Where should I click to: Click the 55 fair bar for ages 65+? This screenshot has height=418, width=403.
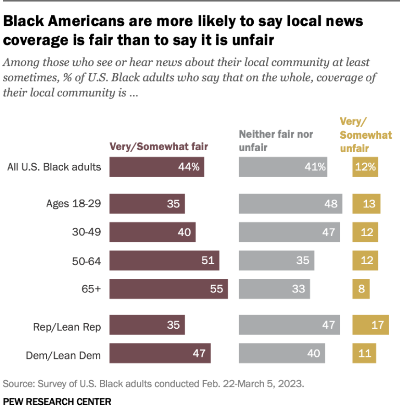(x=169, y=289)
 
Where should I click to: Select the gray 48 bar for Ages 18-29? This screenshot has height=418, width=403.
(x=290, y=203)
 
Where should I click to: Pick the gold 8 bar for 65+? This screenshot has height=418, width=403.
(x=361, y=289)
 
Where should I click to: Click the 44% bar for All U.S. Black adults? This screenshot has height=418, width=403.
(x=157, y=167)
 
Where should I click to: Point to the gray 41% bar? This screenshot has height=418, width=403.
(x=283, y=167)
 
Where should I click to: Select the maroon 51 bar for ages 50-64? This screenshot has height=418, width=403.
(x=164, y=261)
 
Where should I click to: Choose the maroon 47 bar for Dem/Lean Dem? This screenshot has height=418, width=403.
(x=160, y=353)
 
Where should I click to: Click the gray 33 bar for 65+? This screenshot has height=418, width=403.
(x=274, y=289)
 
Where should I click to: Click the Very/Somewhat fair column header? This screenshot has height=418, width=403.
(x=158, y=147)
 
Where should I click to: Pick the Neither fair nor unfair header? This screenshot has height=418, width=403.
(x=276, y=141)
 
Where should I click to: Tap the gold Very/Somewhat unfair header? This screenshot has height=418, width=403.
(x=365, y=135)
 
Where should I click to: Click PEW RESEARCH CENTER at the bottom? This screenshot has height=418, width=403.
(x=57, y=402)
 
